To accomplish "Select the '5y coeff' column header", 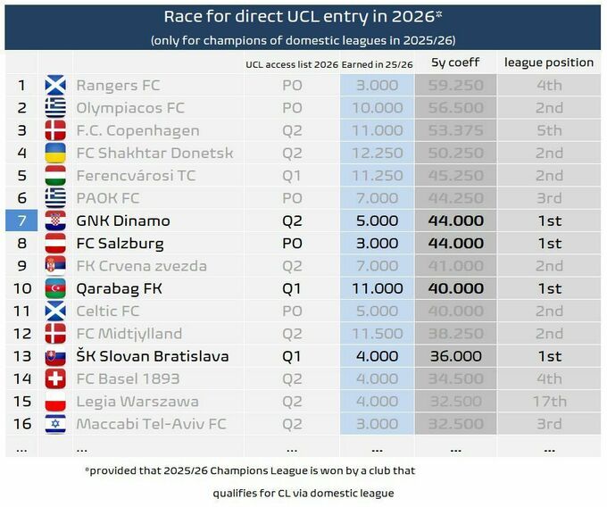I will (455, 62).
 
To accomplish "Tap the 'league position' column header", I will (548, 62).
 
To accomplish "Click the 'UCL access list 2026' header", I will (292, 63).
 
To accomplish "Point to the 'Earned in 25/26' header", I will (376, 63).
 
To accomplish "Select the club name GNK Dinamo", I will (123, 220).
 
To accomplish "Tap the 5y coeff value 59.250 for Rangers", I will (455, 86).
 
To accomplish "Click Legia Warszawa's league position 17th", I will (549, 401).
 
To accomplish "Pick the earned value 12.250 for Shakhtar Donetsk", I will (378, 154).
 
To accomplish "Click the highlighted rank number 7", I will (21, 220).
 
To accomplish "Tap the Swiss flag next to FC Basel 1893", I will (55, 378).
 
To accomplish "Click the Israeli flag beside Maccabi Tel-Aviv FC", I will (55, 423).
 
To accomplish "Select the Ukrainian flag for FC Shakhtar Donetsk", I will (55, 154).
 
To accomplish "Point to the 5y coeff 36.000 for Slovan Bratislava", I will (455, 356).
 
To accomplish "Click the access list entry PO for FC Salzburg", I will (292, 243).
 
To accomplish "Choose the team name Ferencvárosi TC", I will (136, 176).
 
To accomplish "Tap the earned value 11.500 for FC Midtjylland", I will (378, 334).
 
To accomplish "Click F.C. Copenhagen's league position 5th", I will (549, 131).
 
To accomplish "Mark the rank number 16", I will (21, 423).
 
